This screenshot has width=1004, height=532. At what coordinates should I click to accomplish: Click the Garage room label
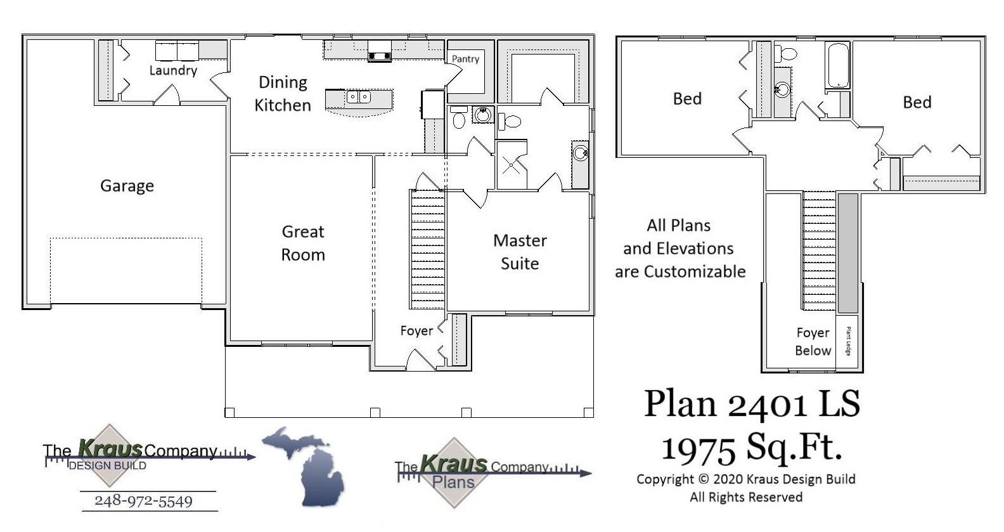(127, 186)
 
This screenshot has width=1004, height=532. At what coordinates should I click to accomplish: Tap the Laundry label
(173, 70)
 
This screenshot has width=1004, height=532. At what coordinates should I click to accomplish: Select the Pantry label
(465, 59)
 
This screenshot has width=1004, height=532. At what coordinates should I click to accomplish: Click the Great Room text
(303, 243)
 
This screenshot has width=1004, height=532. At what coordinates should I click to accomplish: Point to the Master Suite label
(520, 252)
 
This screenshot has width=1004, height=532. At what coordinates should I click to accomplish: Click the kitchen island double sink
(358, 97)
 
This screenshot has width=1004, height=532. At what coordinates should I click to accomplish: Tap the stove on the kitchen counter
(379, 50)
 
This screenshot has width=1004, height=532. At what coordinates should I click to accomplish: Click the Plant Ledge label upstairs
(848, 341)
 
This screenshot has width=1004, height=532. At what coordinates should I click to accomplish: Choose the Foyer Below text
(813, 342)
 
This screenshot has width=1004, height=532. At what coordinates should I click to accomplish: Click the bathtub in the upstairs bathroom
(838, 65)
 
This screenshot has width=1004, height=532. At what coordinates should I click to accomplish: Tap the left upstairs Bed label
(687, 99)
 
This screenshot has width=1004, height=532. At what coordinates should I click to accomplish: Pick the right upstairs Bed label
(917, 103)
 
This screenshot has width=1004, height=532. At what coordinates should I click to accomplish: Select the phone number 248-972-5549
(143, 501)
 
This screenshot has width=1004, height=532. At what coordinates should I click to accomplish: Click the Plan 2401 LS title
(752, 404)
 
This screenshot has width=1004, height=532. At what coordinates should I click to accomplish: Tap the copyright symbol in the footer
(703, 480)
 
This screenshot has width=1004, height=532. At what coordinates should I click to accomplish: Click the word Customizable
(695, 272)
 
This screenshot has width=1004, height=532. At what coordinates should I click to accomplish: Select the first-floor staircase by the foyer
(428, 249)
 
